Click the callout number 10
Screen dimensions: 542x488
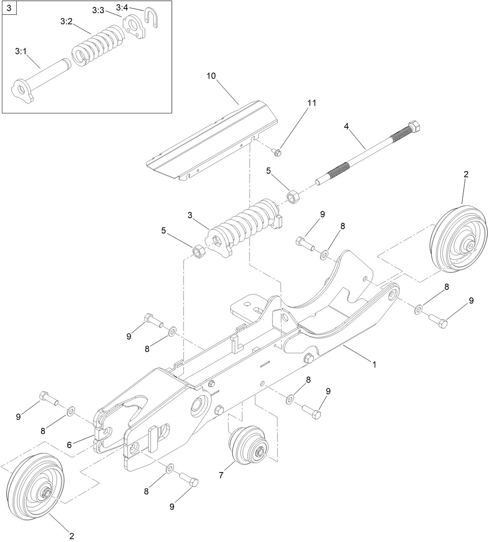(x=211, y=76)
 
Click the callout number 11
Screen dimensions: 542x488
(x=312, y=103)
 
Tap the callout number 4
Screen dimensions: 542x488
(x=346, y=126)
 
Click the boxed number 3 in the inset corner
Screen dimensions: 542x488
(x=9, y=7)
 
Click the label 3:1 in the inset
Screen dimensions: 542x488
(x=21, y=51)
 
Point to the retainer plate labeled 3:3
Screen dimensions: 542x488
(x=134, y=27)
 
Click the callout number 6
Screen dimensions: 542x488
(x=69, y=445)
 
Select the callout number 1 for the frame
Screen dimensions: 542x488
(x=374, y=364)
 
